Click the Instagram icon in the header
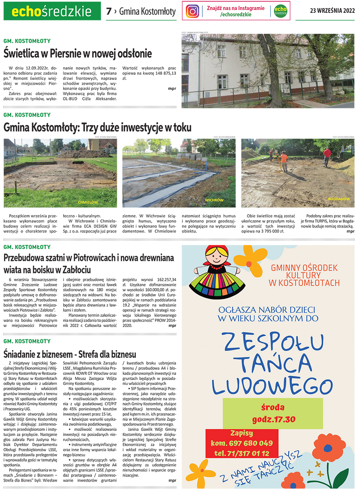(192, 11)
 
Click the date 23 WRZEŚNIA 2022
(332, 11)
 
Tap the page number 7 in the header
(108, 12)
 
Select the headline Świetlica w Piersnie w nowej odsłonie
(78, 53)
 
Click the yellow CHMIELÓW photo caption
(88, 202)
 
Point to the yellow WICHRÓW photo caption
(214, 200)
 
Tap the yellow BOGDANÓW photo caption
(338, 199)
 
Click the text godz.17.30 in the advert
(273, 419)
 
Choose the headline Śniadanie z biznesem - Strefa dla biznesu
(70, 354)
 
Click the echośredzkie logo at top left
(52, 11)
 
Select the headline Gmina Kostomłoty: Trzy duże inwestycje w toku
(98, 127)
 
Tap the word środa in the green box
(273, 407)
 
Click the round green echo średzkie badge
(280, 11)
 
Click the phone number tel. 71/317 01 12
(241, 453)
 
